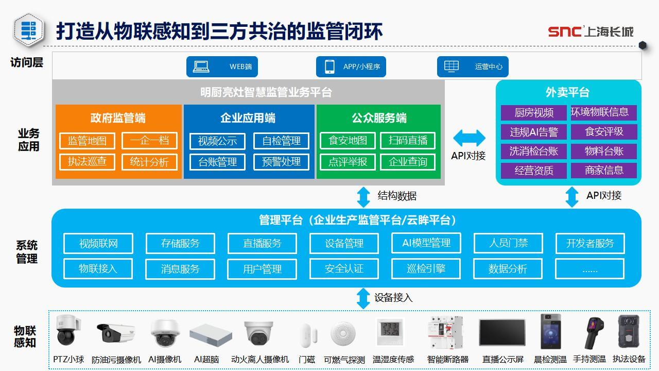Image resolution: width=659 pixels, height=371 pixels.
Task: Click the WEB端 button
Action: (x=222, y=66)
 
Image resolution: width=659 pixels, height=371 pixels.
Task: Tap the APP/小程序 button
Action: (x=351, y=66)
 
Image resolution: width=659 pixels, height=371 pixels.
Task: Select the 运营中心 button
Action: (x=473, y=66)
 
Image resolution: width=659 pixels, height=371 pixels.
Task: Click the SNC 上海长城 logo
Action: (x=590, y=31)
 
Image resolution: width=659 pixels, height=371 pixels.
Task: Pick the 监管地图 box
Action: (x=87, y=141)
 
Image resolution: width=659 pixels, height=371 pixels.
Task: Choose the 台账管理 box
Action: (x=217, y=162)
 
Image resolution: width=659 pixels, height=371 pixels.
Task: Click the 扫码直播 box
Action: (x=408, y=141)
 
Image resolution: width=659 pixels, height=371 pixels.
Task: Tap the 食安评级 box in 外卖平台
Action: (x=604, y=132)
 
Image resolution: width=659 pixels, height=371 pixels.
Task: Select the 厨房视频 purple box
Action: (x=534, y=113)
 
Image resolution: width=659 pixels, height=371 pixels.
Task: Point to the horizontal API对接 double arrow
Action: (x=469, y=138)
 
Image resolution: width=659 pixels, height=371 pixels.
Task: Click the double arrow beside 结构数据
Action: (x=363, y=196)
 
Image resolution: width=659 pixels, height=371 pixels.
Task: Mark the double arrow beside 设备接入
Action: (x=363, y=298)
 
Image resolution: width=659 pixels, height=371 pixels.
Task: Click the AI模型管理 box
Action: (x=426, y=243)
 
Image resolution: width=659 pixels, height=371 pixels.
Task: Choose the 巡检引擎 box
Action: (x=426, y=268)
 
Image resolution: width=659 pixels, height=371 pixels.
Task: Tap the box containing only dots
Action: (x=589, y=268)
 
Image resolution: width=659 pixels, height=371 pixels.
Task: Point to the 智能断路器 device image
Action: (x=446, y=332)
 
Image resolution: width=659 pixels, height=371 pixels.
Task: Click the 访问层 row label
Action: (x=27, y=63)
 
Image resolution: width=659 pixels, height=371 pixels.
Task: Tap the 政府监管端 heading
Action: (x=118, y=118)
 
